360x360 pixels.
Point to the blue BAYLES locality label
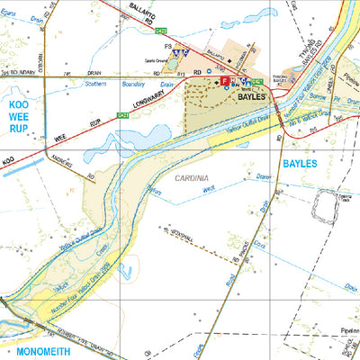pyautogui.click(x=301, y=166)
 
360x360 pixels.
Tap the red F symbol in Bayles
pyautogui.click(x=225, y=81)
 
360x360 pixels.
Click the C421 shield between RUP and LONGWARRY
pyautogui.click(x=121, y=115)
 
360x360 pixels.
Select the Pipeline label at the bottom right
pyautogui.click(x=346, y=330)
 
